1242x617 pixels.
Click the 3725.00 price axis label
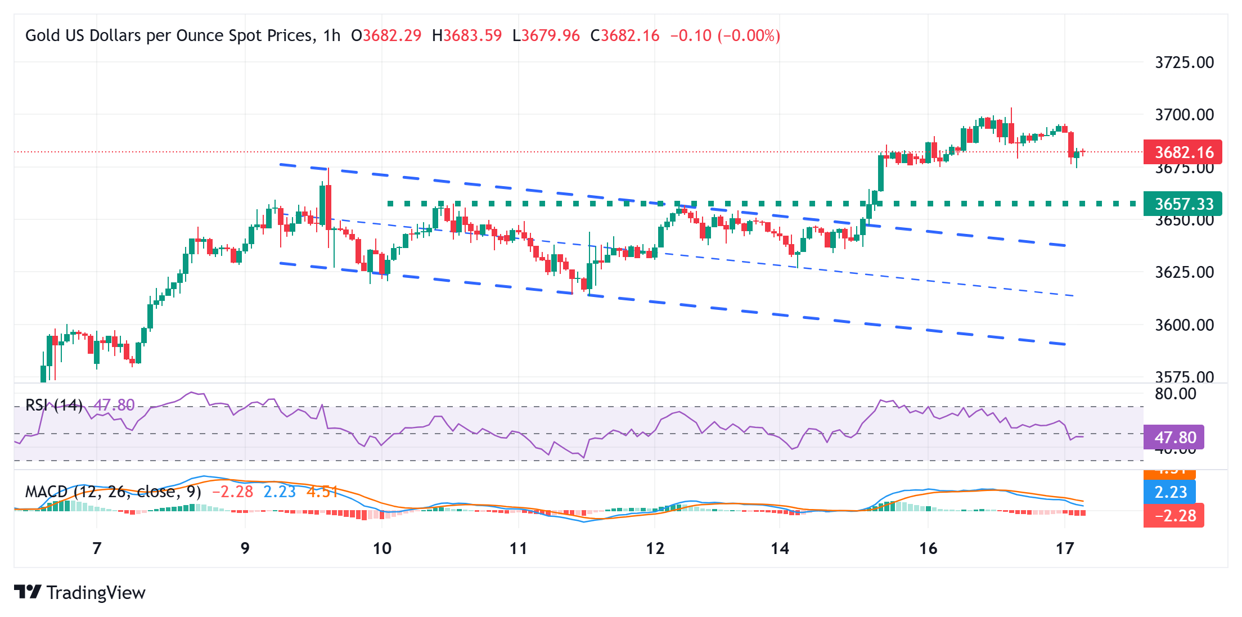1184,62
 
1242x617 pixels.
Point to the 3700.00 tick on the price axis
1184,115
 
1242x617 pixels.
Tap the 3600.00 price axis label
1184,325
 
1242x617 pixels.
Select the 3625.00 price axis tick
1184,272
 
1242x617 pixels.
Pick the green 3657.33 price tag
1182,204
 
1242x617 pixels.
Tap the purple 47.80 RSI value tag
1174,437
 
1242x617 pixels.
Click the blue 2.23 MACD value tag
1170,492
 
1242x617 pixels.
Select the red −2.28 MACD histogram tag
1174,516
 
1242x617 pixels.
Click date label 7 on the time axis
97,548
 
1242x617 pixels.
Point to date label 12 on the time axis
655,548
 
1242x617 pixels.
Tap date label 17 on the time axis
1065,548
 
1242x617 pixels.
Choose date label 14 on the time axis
780,548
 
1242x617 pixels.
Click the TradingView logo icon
28,592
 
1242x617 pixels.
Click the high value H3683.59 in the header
466,36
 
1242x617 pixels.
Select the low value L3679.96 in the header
546,36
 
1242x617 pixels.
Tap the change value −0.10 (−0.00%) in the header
725,36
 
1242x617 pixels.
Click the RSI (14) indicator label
54,405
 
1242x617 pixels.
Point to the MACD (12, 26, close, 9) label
112,492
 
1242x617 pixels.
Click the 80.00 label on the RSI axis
1175,394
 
